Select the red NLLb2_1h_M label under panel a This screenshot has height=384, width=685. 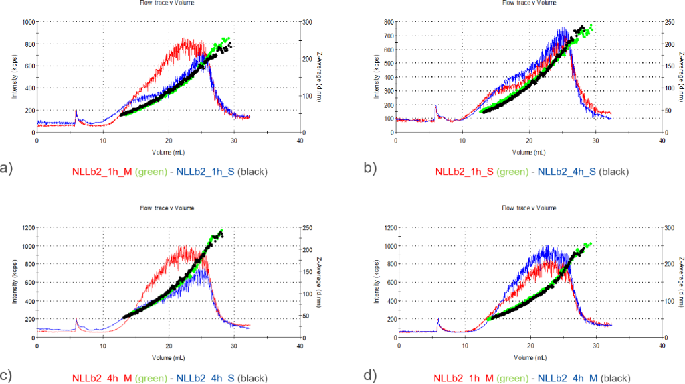tap(101, 172)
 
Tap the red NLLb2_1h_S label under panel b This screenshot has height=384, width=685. tap(464, 172)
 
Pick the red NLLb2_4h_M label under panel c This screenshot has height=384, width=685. tap(101, 378)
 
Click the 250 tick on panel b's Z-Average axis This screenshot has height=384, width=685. tap(669, 22)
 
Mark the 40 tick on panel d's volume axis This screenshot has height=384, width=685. tap(662, 346)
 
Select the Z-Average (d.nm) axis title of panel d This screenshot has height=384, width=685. tap(682, 282)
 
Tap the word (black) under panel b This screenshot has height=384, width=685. tap(614, 172)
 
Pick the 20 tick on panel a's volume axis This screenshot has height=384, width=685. tap(168, 140)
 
